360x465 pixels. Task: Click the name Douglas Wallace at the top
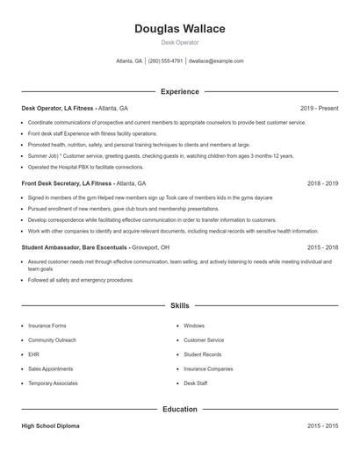click(180, 29)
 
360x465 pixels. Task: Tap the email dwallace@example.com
click(216, 61)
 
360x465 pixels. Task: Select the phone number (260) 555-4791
click(166, 61)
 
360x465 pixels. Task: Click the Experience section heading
click(180, 91)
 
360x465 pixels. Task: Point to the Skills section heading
click(180, 306)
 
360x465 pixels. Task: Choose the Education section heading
click(180, 409)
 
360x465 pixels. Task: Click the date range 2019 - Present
click(319, 108)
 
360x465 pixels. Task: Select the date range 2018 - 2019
click(322, 184)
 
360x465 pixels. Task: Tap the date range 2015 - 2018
click(322, 248)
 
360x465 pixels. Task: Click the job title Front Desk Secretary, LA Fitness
click(67, 184)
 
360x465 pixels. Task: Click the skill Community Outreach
click(52, 340)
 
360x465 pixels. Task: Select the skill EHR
click(33, 354)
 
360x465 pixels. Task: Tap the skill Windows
click(194, 325)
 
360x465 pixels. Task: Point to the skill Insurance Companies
click(208, 369)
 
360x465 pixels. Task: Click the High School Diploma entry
click(50, 426)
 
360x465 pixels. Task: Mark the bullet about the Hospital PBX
click(85, 167)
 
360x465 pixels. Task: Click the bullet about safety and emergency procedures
click(81, 280)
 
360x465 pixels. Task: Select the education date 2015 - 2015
click(322, 426)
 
